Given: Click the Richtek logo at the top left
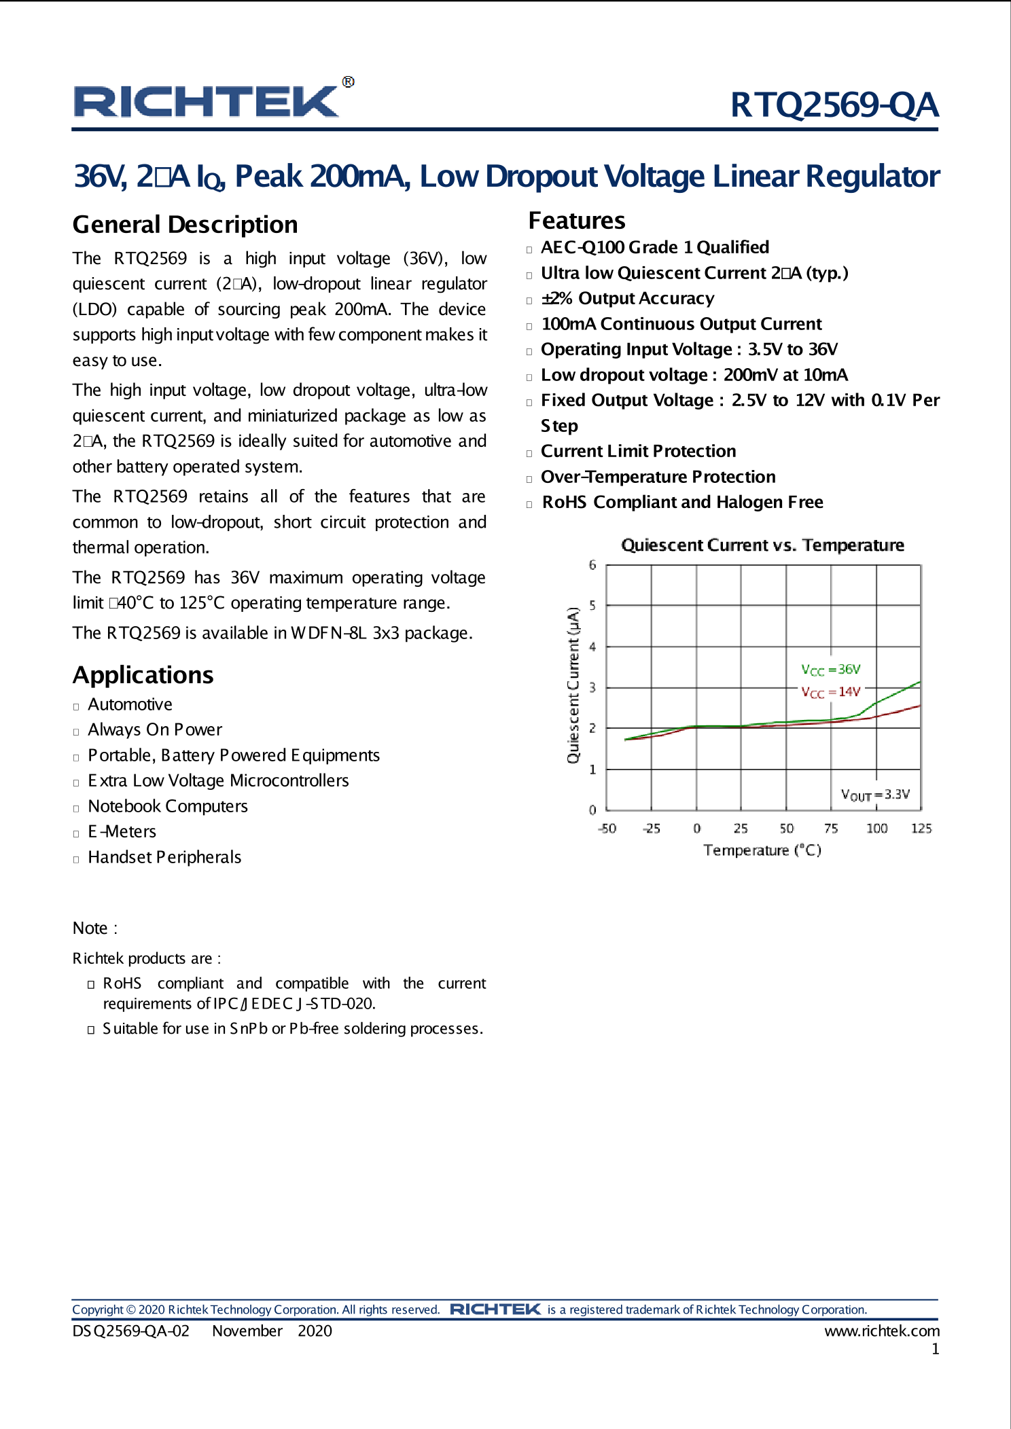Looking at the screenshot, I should [207, 102].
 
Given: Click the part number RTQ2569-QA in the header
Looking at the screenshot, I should [834, 105].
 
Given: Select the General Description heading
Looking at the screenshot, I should [185, 225].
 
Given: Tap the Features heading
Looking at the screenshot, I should [576, 221].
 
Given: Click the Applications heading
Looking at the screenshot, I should [143, 675].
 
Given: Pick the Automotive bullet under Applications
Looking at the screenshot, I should [130, 704].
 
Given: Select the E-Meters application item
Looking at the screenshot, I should [122, 831].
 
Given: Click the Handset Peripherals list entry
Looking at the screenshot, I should [164, 857].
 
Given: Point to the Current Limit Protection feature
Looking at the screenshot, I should [638, 451].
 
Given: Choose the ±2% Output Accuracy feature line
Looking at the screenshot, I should [627, 298].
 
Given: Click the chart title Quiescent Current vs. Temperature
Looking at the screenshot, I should [762, 545].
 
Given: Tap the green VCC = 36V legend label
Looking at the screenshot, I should [830, 670].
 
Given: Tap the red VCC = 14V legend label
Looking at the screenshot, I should [830, 692].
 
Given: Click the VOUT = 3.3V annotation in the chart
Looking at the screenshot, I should [875, 795].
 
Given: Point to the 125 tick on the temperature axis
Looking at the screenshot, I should [921, 829].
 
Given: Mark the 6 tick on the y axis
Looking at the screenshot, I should [592, 565].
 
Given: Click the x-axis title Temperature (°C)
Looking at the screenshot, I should [762, 850].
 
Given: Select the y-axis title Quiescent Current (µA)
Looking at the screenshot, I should [573, 685].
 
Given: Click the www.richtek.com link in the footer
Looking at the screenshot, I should [881, 1331].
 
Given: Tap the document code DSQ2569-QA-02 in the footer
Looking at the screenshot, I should [130, 1331].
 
